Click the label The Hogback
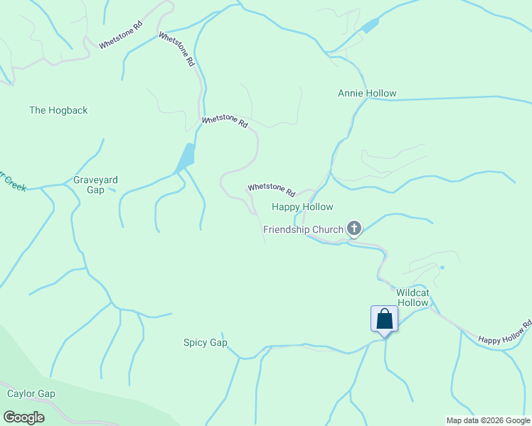click(x=58, y=110)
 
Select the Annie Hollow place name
click(x=367, y=93)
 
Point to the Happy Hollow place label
click(x=302, y=207)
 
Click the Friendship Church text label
click(x=304, y=229)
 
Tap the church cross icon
click(x=354, y=229)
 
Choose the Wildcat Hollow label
click(x=413, y=297)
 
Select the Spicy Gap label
click(x=206, y=343)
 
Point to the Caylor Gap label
click(x=31, y=393)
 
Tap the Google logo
click(x=23, y=417)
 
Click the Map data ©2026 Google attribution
click(x=488, y=420)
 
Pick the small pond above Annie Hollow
click(x=369, y=26)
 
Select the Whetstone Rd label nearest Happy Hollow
click(x=271, y=190)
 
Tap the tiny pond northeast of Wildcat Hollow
click(x=442, y=268)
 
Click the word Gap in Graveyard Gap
click(x=95, y=190)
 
